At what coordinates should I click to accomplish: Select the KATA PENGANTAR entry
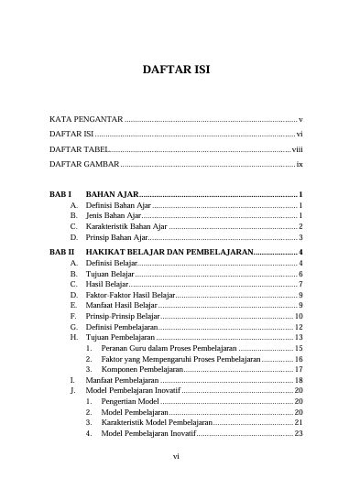[85, 120]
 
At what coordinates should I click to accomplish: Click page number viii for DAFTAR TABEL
[297, 148]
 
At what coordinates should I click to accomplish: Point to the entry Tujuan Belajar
[111, 274]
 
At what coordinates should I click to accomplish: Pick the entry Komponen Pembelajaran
[142, 369]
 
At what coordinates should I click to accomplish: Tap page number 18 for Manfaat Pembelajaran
[299, 380]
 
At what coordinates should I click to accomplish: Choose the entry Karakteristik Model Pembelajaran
[157, 423]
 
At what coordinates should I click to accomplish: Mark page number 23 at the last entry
[299, 434]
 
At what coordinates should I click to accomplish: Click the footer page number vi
[179, 454]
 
